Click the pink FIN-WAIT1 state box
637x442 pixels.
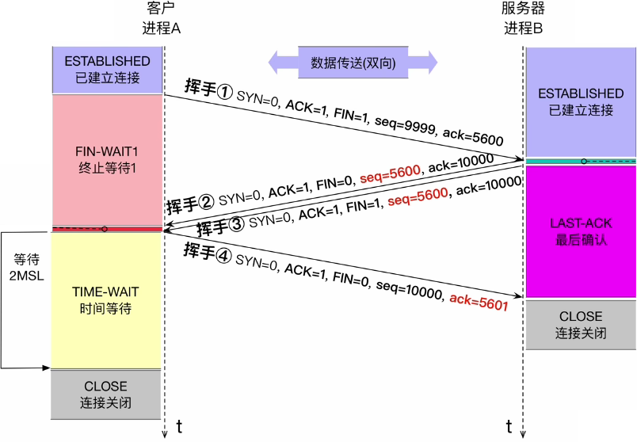coord(107,158)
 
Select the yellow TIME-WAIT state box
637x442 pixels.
coord(107,299)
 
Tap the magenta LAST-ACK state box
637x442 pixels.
coord(581,231)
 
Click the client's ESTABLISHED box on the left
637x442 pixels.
coord(107,69)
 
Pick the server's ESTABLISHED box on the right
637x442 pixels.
coord(581,101)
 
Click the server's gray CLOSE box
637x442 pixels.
coord(581,324)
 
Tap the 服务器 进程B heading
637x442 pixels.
coord(524,18)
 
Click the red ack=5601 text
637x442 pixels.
coord(479,299)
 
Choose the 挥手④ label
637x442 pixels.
coord(208,253)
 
